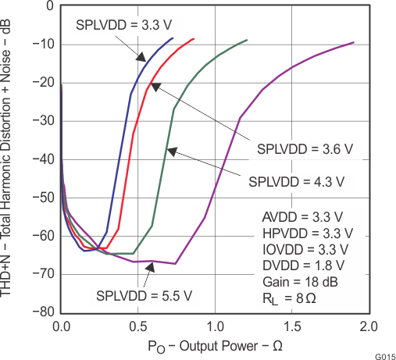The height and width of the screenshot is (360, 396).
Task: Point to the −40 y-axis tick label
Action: (41, 159)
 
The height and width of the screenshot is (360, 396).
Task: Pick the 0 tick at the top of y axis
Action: (49, 6)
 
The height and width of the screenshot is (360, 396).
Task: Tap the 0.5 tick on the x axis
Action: (137, 325)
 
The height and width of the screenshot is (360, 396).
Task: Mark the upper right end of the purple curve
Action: (354, 43)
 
